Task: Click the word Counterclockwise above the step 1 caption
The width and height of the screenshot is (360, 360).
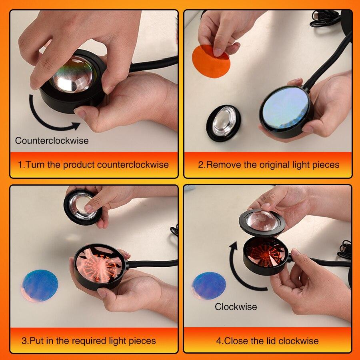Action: coord(52,141)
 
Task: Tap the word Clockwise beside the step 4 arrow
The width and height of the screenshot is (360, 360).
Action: coord(236,307)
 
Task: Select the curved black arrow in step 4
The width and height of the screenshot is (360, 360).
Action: coord(240,272)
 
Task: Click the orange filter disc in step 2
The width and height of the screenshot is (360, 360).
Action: coord(211,61)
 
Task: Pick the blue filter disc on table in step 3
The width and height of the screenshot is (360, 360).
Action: coord(40,285)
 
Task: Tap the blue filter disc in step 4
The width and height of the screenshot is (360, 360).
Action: coord(209,285)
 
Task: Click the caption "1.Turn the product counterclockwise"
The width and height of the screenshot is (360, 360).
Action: coord(93,165)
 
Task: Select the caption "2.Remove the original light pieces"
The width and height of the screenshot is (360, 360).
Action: coord(268,165)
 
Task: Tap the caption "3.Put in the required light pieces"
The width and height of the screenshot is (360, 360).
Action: coord(88,341)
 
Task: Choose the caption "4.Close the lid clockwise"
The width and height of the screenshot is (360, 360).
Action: coord(267,341)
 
